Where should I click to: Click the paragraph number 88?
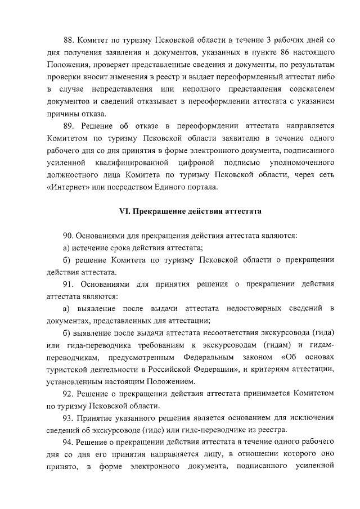coord(69,40)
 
